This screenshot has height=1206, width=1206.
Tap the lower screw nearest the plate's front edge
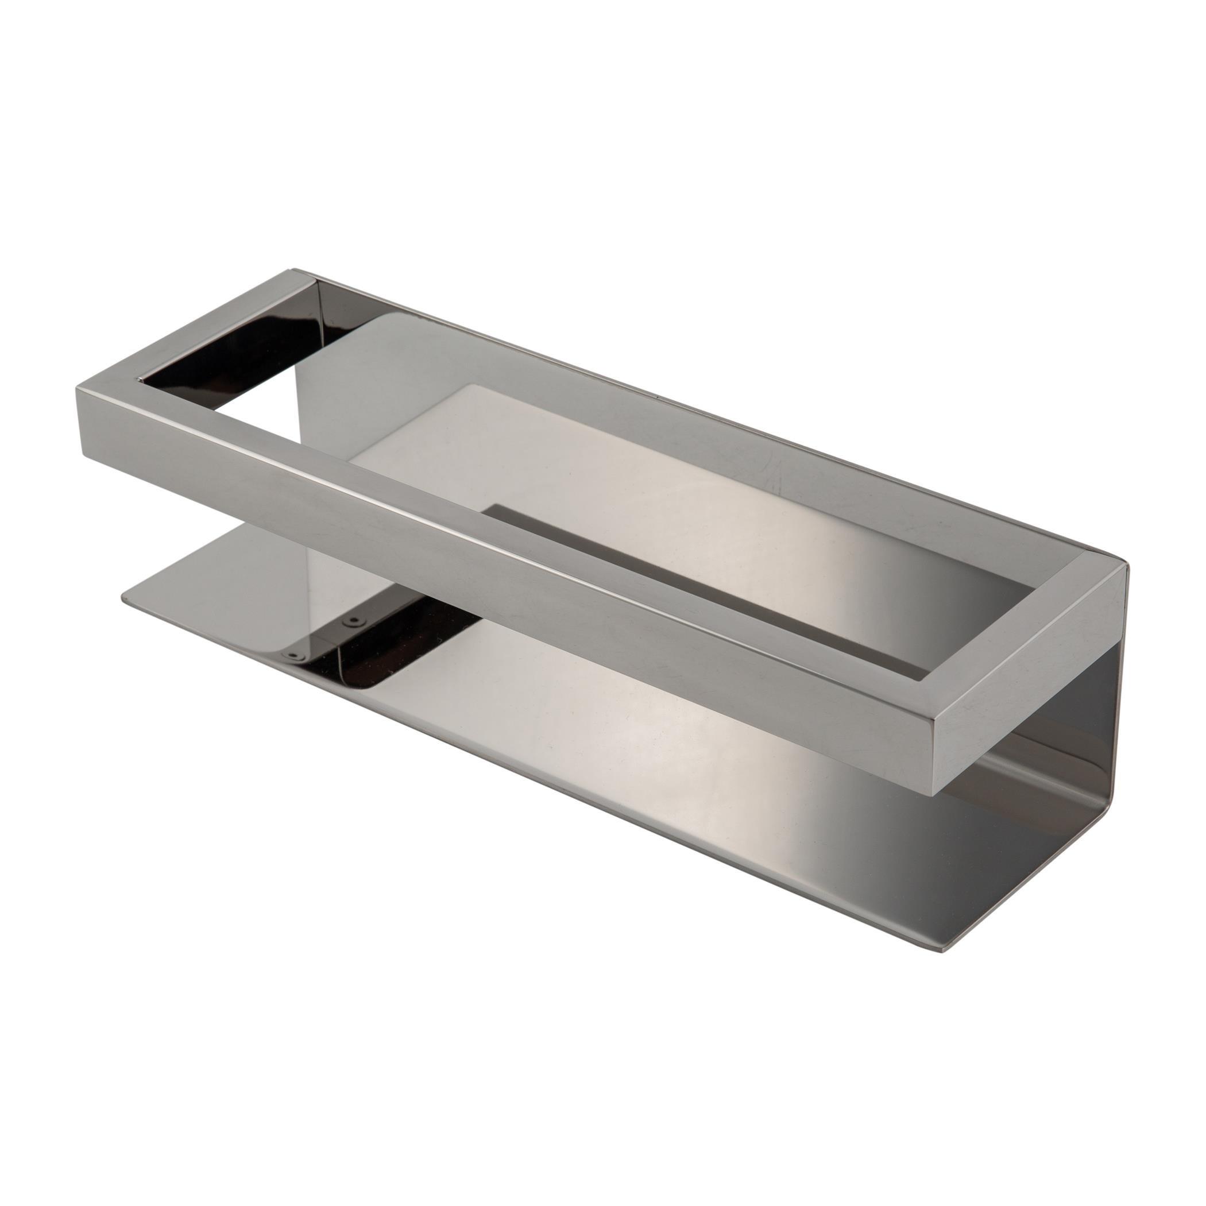(292, 655)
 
